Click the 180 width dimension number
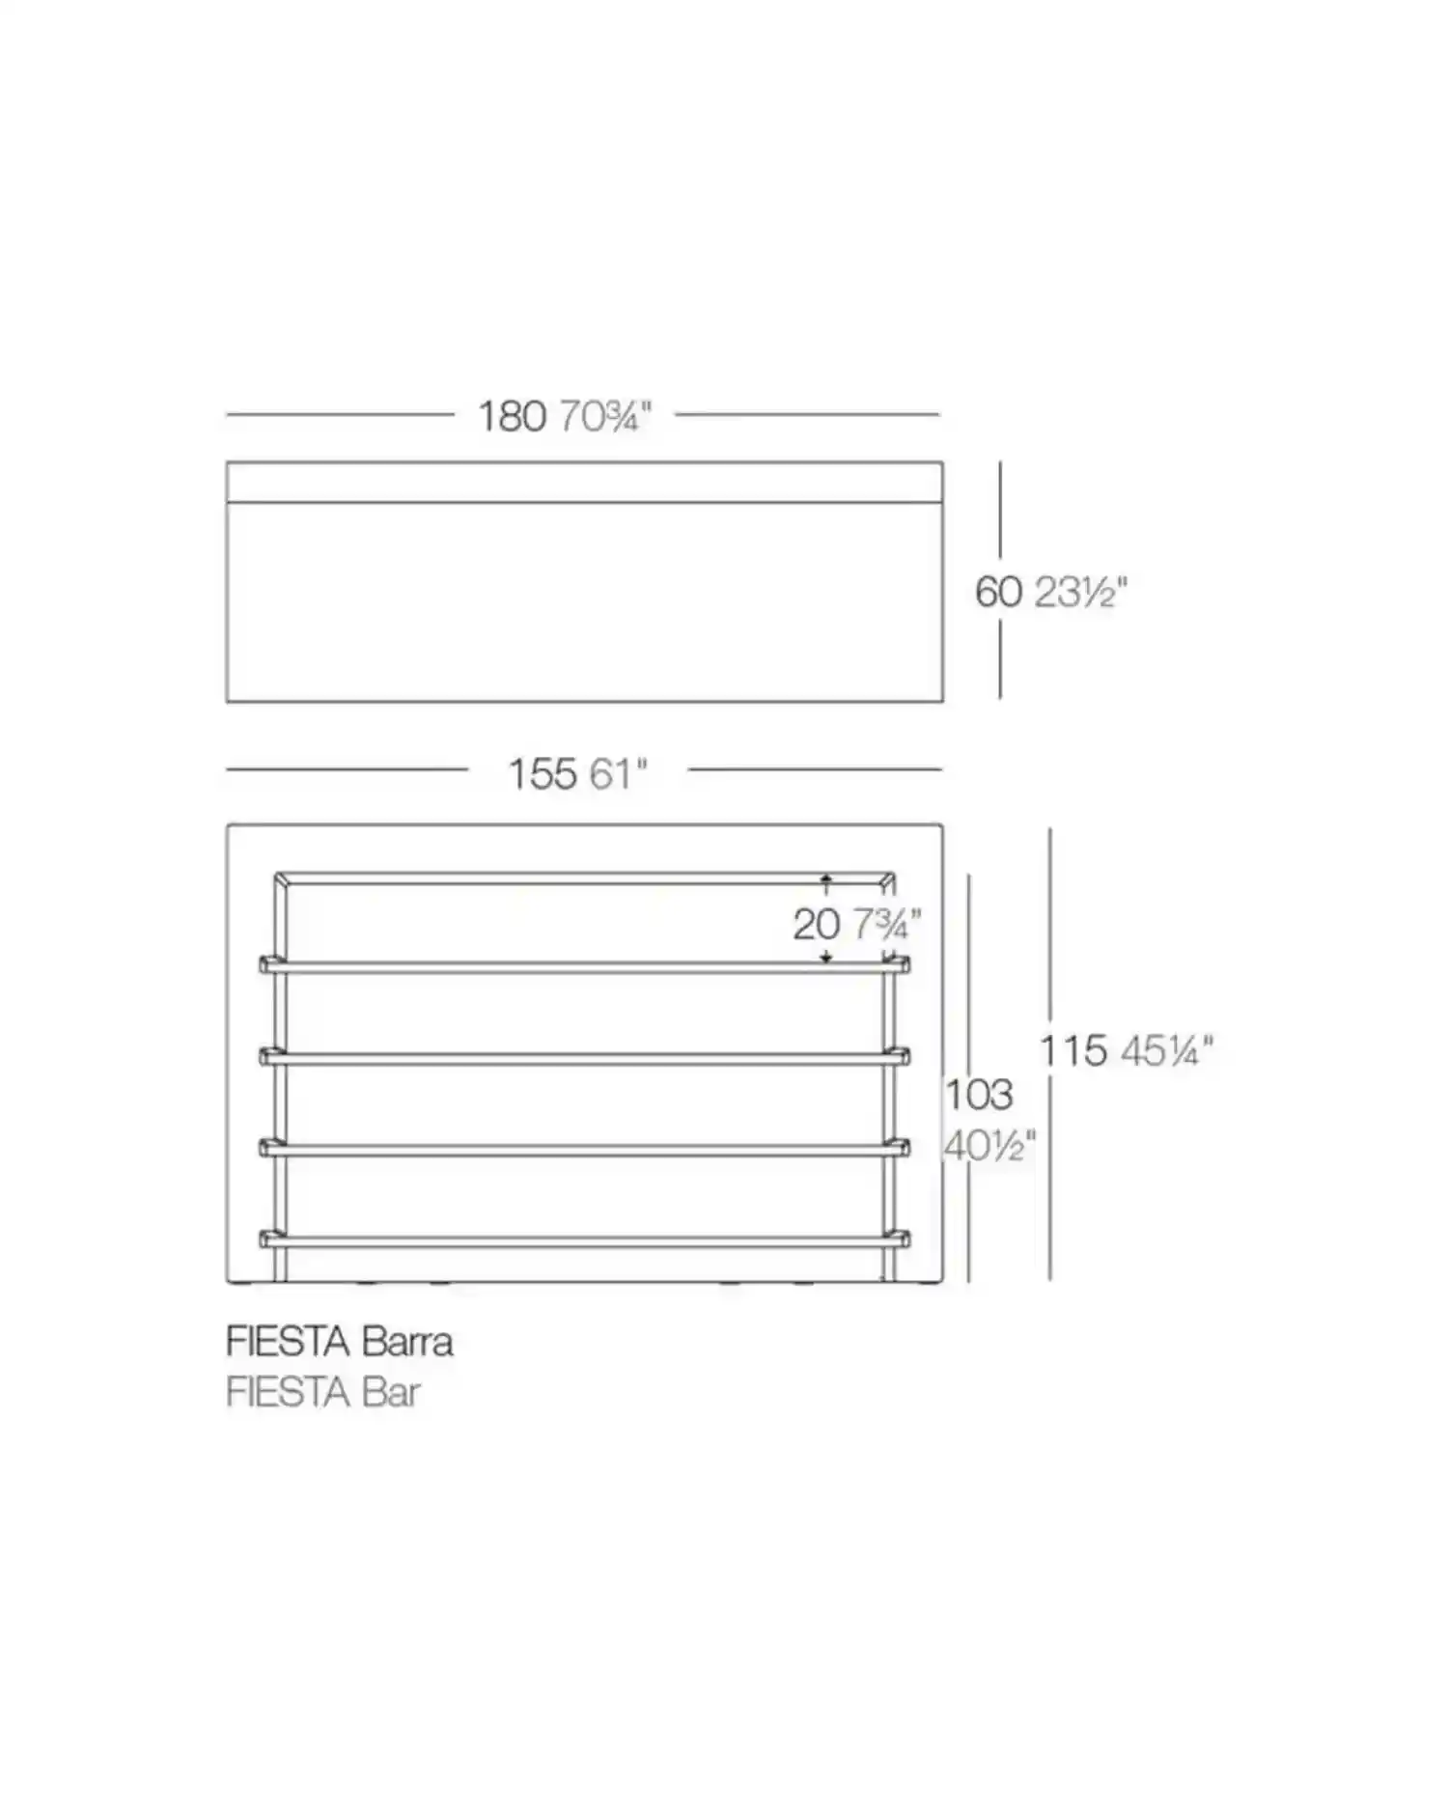[513, 416]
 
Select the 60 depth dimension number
[998, 591]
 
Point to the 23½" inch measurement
[1081, 591]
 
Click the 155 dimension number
[543, 773]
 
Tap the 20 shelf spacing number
[817, 925]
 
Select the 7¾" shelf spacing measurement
[886, 925]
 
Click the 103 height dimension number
[979, 1094]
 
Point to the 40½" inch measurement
[989, 1146]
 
